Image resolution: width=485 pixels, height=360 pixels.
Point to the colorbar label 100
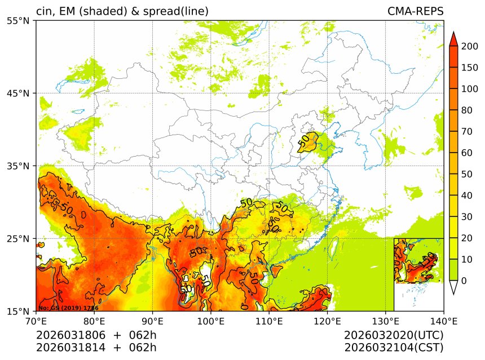coord(470,89)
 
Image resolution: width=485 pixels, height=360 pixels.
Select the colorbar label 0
coord(464,281)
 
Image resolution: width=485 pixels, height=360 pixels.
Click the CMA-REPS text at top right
coord(415,11)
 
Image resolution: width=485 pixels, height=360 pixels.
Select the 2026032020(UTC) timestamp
coord(394,336)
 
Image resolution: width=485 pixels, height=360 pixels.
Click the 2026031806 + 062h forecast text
coord(96,336)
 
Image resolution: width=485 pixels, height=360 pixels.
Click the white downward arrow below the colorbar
coord(452,287)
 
